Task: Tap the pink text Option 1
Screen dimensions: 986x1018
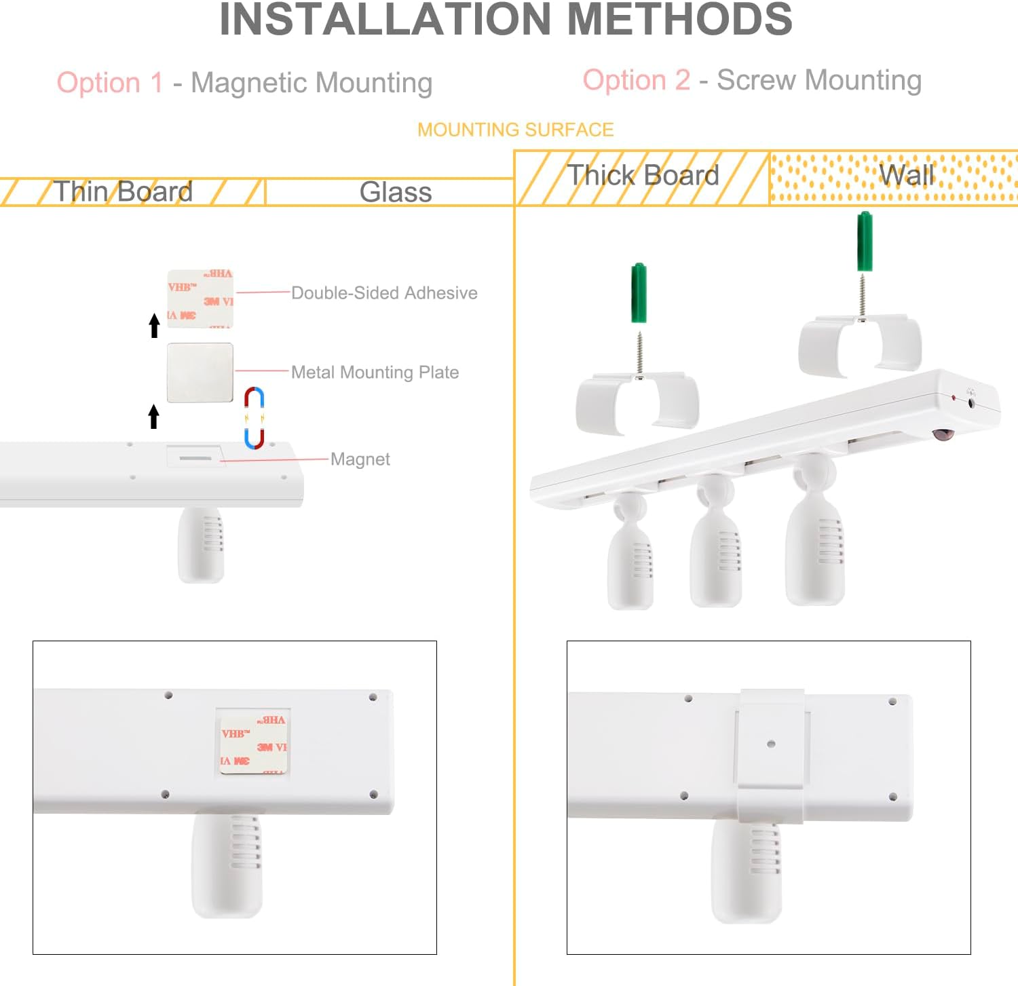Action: coord(110,83)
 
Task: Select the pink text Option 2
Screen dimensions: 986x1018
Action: coord(636,80)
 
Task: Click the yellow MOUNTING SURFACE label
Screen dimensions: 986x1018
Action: coord(515,130)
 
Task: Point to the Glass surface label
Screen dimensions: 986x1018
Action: coord(395,192)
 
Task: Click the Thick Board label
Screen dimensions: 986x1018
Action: coord(643,176)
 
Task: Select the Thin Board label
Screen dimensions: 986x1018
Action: coord(123,192)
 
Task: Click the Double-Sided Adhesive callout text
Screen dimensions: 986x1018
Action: coord(384,293)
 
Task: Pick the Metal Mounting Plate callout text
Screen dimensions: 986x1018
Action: coord(375,373)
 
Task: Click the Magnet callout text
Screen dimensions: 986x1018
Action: coord(360,459)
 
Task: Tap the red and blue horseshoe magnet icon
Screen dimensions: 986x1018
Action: coord(254,418)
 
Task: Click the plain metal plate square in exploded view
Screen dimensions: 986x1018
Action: coord(200,373)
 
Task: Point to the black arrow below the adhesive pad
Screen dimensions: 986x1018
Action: coord(154,325)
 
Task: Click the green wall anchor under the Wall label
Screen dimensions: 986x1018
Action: coord(865,241)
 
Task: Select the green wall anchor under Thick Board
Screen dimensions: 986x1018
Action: coord(639,292)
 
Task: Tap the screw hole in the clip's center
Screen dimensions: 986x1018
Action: coord(771,744)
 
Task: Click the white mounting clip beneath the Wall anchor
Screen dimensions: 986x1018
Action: coord(860,345)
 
